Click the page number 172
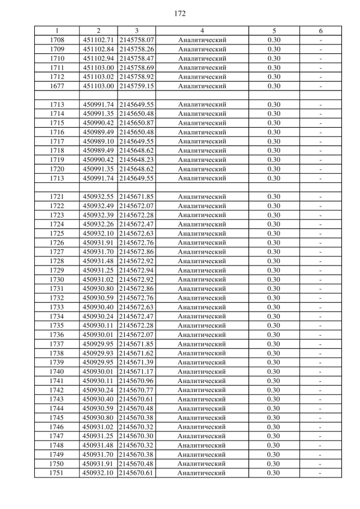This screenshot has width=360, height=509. point(180,12)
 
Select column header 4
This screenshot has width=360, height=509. point(202,30)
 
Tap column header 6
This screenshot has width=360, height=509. point(321,30)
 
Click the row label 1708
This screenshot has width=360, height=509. point(57,40)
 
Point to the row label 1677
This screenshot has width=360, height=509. point(57,86)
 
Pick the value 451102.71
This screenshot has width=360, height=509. point(98,40)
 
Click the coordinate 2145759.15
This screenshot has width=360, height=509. point(137,86)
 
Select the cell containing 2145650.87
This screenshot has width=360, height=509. point(137,123)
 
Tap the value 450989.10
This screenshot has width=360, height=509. point(98,141)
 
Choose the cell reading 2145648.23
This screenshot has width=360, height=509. point(137,160)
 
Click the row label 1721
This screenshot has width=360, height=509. point(57,197)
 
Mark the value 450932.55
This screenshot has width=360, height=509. point(98,197)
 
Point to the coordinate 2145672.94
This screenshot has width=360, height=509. point(137,271)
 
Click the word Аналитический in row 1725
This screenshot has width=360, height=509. point(202,233)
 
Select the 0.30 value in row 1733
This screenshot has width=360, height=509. point(273,307)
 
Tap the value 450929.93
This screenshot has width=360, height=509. point(98,353)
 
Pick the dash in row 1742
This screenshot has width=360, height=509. point(321,390)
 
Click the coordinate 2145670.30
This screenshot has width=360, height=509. point(137,436)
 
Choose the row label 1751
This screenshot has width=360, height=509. point(57,473)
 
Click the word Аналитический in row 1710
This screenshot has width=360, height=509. point(202,58)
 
